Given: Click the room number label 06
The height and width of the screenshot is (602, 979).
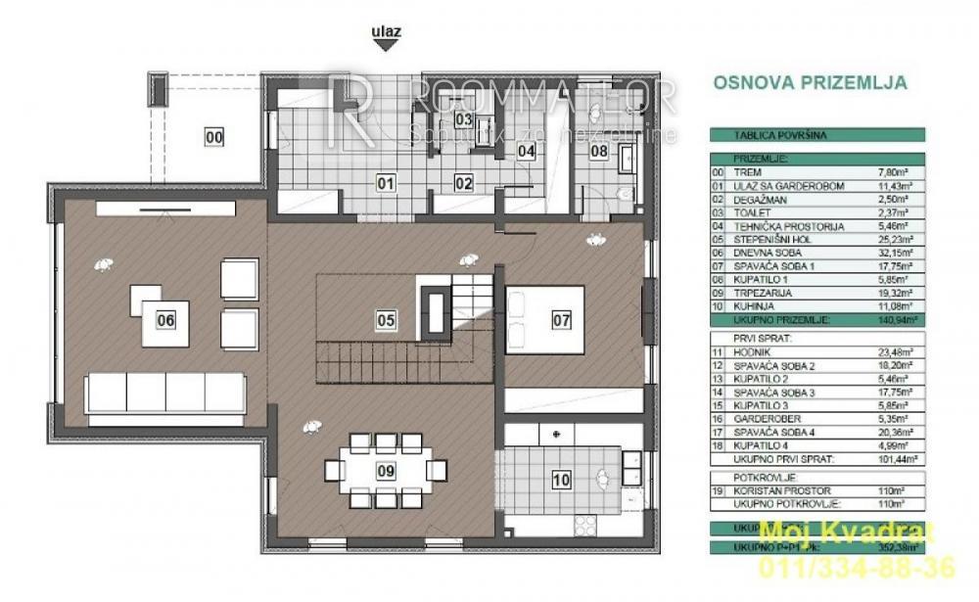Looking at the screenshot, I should coord(165,318).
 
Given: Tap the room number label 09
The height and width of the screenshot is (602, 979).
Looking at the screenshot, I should coord(386,470).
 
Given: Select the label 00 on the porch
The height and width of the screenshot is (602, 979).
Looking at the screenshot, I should coord(213,138).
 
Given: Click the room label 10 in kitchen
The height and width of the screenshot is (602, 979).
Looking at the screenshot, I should coord(561,480).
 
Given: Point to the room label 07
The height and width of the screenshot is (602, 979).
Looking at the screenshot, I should coord(561,318).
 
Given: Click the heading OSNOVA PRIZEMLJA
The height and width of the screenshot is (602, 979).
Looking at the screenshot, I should coord(809,82).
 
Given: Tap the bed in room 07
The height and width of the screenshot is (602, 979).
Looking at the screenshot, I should coord(544,319).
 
